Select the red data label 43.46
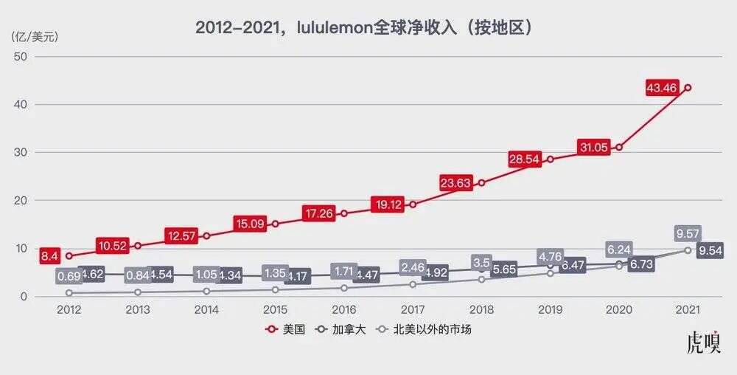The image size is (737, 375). pos(661,88)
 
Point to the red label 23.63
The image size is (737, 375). pos(455,183)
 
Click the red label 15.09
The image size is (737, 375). pos(249,223)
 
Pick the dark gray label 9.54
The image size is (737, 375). pos(709,250)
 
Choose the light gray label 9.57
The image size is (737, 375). pos(688,235)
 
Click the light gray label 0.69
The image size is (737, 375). pos(68,277)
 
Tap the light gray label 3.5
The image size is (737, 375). pos(481,262)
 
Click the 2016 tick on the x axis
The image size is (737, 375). pos(343,309)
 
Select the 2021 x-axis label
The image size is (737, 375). pos(688,309)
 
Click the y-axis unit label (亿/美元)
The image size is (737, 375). pos(34,35)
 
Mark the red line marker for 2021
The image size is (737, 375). pos(688,88)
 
